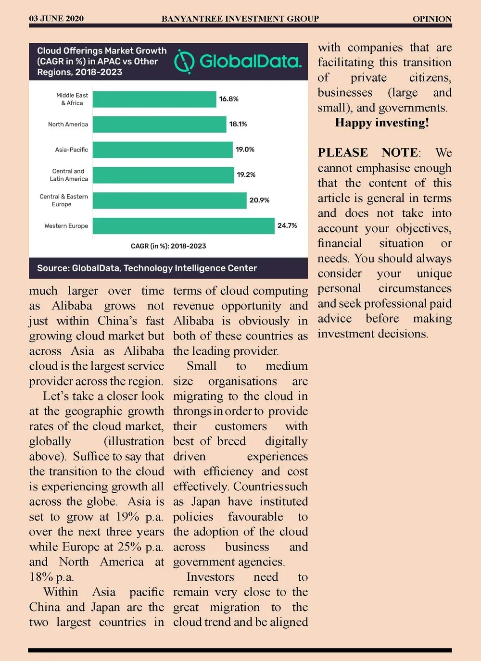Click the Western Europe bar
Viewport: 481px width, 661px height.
pos(183,226)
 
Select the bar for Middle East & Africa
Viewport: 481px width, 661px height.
pos(154,99)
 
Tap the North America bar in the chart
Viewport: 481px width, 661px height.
pos(159,124)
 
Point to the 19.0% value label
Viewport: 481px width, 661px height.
pos(245,150)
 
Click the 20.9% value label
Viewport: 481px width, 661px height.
pos(259,200)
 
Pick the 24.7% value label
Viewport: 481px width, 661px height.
pos(287,225)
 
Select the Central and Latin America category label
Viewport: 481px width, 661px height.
pos(69,175)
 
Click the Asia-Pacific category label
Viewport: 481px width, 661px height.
pos(71,150)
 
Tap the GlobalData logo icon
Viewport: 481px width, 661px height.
pos(184,62)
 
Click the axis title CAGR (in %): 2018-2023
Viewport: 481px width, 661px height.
pos(168,246)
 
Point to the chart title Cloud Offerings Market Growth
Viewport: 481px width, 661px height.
pos(102,50)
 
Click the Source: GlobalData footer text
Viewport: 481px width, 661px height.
pos(147,268)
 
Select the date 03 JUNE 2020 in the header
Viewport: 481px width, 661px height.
pos(56,19)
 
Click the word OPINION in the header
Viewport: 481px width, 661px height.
pos(432,19)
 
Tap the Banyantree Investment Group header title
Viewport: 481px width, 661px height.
pos(240,19)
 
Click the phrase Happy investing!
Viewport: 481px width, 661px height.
pos(382,123)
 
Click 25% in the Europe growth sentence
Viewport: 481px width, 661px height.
pos(129,547)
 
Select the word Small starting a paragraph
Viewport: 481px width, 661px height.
pos(202,366)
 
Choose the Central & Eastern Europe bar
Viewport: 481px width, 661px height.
pos(169,200)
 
